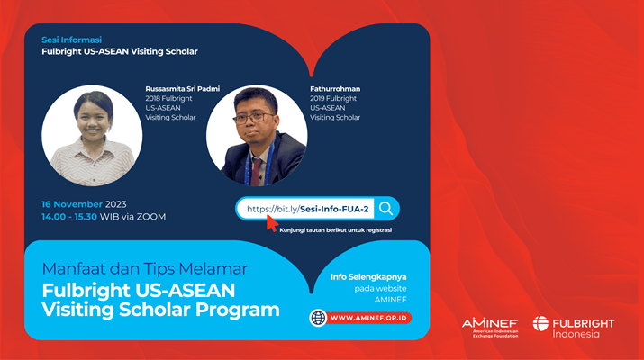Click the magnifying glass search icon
(385, 209)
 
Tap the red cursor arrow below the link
(272, 223)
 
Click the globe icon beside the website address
(318, 318)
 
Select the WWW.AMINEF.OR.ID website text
(368, 318)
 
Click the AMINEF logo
(490, 327)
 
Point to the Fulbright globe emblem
(540, 323)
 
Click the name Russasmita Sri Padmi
(182, 89)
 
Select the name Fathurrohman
(335, 89)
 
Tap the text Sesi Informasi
(71, 40)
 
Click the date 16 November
(72, 204)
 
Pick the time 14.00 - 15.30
(69, 216)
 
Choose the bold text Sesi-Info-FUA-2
(334, 209)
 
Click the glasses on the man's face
(253, 118)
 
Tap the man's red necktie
(257, 172)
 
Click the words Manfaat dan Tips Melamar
(145, 269)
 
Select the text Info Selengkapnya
(368, 276)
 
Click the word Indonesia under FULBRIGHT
(576, 334)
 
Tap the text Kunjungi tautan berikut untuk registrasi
(336, 230)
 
